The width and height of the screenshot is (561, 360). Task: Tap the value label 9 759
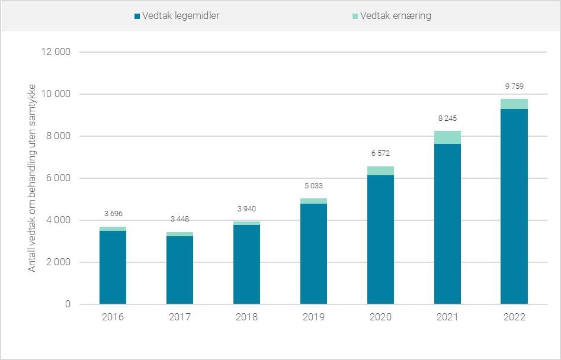click(514, 86)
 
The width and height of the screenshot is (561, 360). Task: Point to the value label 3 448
click(179, 219)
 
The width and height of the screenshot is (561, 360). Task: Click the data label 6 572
click(380, 153)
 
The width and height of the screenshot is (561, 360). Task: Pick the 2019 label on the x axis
click(313, 317)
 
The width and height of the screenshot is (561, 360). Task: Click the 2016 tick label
click(113, 317)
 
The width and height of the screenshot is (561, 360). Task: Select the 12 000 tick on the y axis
click(55, 52)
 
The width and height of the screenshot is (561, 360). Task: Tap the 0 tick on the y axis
click(68, 304)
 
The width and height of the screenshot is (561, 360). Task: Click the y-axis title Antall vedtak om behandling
click(32, 178)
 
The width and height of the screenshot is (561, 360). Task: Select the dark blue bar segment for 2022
click(514, 207)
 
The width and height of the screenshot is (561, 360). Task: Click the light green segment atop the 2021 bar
click(447, 137)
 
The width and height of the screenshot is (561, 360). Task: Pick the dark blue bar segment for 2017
click(179, 270)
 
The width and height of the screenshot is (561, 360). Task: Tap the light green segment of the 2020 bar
click(380, 171)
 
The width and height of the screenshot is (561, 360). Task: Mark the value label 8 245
click(447, 118)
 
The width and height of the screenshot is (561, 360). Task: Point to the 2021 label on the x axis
click(447, 317)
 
